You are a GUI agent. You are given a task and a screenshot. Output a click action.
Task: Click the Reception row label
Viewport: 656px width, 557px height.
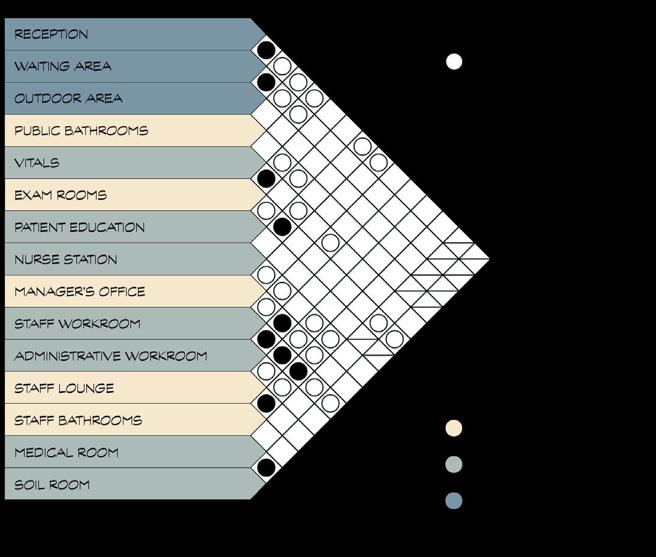52,34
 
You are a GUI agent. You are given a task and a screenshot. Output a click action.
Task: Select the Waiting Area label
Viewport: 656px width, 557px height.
63,66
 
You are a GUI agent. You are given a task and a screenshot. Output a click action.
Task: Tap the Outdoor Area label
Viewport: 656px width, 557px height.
68,99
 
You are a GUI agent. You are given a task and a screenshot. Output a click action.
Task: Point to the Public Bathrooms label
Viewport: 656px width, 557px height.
81,131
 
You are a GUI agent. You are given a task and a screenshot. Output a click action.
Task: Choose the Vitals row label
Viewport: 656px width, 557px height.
37,163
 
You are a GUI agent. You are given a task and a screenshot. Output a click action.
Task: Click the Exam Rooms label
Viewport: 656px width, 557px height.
61,195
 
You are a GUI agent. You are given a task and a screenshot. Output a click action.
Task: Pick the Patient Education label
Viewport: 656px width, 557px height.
80,228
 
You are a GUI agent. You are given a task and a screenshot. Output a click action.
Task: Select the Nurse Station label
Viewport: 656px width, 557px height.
66,260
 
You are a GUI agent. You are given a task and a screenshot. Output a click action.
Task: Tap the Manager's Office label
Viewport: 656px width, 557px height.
80,292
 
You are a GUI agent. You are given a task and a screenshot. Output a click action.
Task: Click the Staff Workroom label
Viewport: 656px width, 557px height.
77,324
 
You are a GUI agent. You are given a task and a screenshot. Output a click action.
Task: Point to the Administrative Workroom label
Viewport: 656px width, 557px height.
111,356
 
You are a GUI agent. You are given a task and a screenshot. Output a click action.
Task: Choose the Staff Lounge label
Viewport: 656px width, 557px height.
64,388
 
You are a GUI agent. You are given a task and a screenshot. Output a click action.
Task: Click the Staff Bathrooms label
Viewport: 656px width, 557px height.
79,421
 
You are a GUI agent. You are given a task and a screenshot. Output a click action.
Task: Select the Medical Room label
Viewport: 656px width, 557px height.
67,452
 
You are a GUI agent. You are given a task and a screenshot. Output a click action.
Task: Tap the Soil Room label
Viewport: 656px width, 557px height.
52,485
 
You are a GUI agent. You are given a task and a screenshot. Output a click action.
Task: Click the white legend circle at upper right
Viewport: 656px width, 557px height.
454,62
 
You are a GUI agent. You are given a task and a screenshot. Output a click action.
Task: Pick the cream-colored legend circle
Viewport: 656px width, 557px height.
454,428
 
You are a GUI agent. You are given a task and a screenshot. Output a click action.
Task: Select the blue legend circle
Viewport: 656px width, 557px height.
454,501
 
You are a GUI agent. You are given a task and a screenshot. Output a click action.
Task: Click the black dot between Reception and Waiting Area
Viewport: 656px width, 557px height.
266,50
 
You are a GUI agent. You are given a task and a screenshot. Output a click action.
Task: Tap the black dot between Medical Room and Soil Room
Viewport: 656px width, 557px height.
266,467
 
